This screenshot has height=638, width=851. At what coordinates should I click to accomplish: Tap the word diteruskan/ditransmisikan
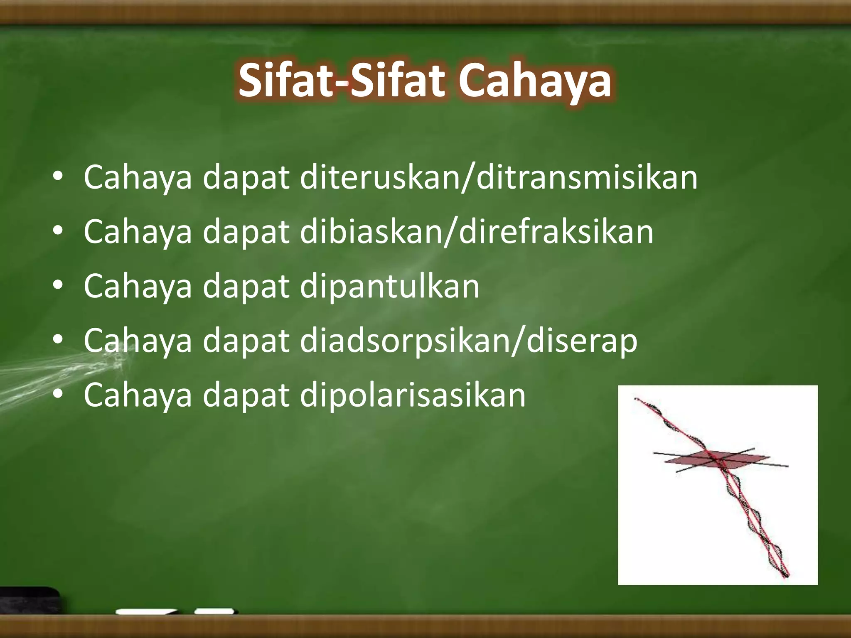pos(499,178)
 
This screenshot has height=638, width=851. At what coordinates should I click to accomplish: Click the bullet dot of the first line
pos(58,177)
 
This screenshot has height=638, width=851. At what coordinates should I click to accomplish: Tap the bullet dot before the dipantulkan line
pos(58,286)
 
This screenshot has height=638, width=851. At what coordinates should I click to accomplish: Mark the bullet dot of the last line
pos(58,395)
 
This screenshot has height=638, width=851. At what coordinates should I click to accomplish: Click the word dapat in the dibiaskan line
pos(246,232)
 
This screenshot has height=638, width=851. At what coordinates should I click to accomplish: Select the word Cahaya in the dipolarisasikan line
pos(138,395)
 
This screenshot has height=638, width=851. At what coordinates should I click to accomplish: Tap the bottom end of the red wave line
pos(786,576)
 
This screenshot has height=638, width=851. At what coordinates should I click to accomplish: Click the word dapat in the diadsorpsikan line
pos(246,341)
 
